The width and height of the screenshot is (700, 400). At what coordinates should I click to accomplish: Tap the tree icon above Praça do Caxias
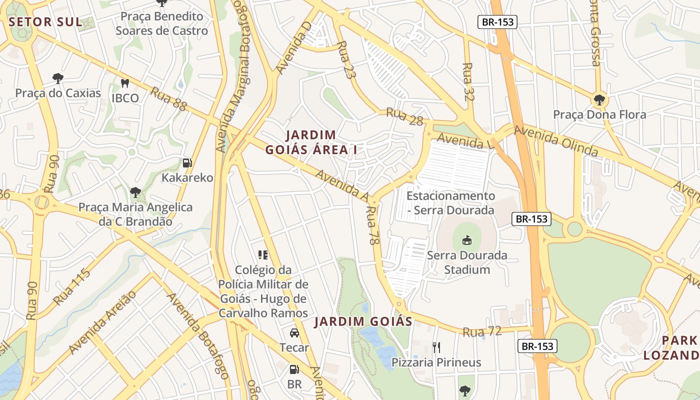58,78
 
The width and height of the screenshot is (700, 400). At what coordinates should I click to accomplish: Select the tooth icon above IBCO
125,83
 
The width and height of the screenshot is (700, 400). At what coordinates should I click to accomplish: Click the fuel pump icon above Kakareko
187,162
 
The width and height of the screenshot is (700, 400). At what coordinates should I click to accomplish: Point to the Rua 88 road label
168,98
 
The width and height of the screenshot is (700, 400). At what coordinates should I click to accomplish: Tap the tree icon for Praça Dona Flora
599,99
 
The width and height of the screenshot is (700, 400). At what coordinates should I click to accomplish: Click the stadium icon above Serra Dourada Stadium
467,240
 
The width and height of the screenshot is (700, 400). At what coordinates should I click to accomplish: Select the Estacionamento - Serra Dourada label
450,203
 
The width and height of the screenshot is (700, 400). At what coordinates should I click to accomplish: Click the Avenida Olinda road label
556,141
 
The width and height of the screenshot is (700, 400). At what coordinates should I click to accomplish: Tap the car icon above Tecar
294,333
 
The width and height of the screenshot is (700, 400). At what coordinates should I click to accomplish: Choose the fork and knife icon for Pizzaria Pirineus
436,347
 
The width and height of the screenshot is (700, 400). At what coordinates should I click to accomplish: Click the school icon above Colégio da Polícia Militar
263,255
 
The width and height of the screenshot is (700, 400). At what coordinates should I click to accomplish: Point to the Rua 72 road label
481,331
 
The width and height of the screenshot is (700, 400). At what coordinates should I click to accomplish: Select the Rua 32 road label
468,81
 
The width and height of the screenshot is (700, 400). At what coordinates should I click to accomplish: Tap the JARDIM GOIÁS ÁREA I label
314,142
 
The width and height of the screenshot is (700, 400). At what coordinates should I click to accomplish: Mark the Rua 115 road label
72,287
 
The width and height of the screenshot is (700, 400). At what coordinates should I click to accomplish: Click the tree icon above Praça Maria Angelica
135,192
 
